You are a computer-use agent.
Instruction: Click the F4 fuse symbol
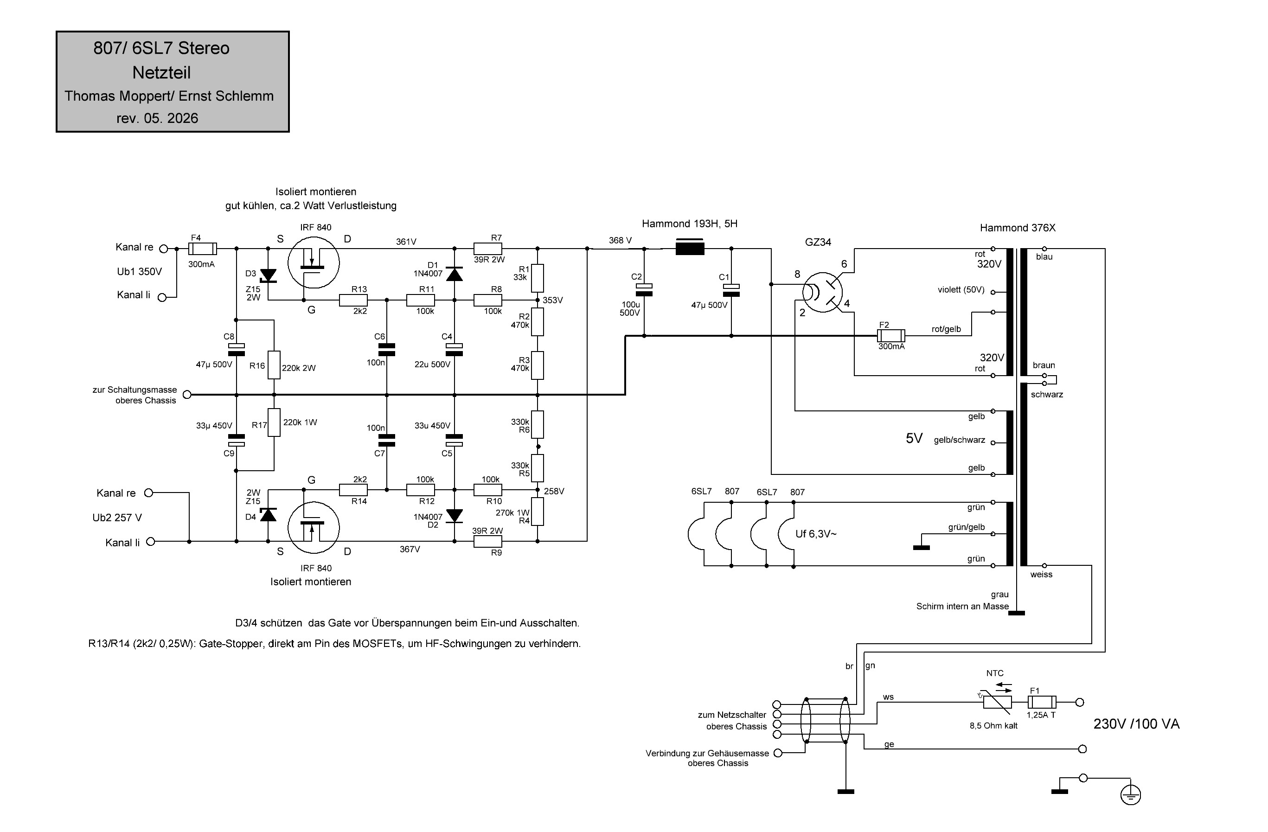(x=203, y=248)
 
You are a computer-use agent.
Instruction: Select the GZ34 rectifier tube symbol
(x=823, y=292)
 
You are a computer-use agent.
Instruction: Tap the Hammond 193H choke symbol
(x=690, y=248)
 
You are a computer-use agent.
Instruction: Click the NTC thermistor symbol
(x=997, y=702)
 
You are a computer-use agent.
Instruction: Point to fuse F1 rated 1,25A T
(x=1042, y=702)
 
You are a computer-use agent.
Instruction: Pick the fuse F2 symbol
(x=891, y=336)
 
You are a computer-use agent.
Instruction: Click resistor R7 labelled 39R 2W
(x=488, y=248)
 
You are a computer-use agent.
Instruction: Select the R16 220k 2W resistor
(x=274, y=365)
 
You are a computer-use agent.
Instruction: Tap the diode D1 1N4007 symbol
(x=454, y=274)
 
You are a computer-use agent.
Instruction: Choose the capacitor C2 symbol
(x=644, y=290)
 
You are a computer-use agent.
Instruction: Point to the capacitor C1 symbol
(x=731, y=290)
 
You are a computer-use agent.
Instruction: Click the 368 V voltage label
(x=620, y=240)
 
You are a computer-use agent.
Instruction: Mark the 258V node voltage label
(x=554, y=491)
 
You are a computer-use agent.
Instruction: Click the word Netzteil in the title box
(x=161, y=72)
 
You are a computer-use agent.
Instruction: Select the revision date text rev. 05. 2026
(x=157, y=118)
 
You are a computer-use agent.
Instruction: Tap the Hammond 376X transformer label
(x=1018, y=228)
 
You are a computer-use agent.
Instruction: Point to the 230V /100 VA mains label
(x=1136, y=724)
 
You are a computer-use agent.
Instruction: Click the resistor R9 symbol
(x=488, y=541)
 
